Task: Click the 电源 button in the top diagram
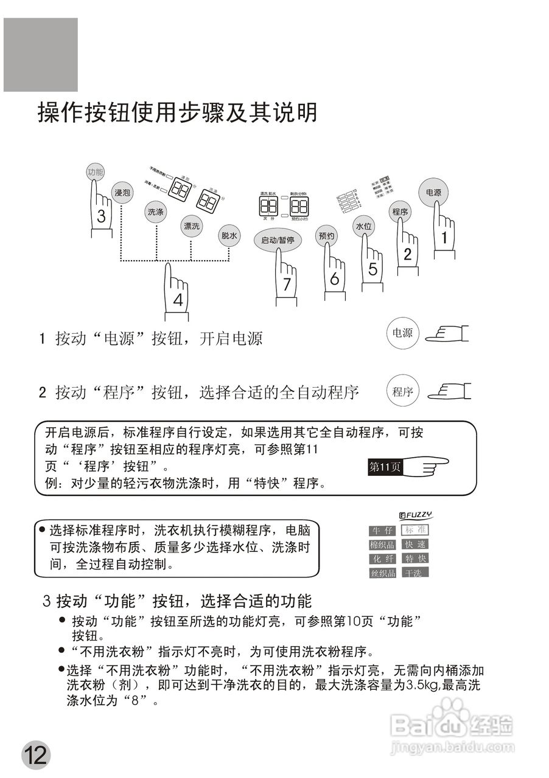click(433, 192)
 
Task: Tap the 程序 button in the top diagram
click(399, 212)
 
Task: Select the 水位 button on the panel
click(364, 227)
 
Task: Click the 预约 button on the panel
click(327, 236)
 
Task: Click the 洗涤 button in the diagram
click(156, 212)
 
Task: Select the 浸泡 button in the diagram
click(122, 193)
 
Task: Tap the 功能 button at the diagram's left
click(95, 172)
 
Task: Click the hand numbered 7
click(286, 280)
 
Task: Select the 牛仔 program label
click(382, 531)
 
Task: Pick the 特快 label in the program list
click(416, 559)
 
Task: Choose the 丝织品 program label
click(382, 573)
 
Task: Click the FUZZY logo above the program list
click(416, 515)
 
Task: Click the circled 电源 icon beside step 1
click(402, 333)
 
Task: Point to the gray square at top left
click(41, 55)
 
